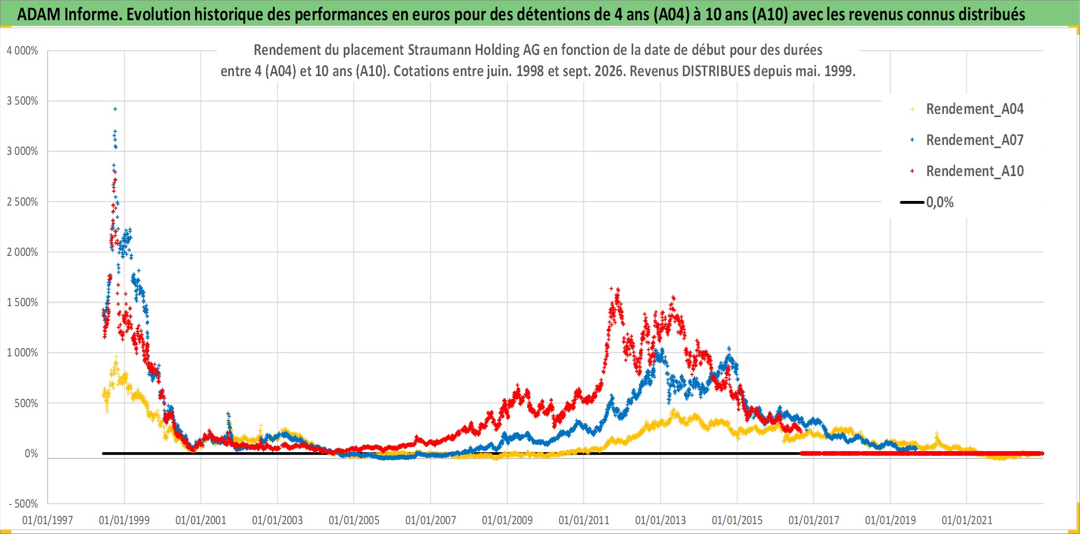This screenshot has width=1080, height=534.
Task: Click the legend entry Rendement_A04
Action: coord(974,109)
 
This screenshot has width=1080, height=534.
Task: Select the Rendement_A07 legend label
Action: coord(974,140)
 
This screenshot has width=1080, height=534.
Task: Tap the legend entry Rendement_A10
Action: coord(974,171)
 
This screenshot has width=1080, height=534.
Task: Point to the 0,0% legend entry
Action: coord(940,203)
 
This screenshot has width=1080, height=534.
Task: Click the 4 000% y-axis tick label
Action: coord(22,51)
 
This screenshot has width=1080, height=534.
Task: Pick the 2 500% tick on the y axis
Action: coord(22,202)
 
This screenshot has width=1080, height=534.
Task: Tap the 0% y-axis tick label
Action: coord(32,454)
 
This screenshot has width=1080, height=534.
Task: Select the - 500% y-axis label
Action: coord(24,504)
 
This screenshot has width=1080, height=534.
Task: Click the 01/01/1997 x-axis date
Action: coord(48,520)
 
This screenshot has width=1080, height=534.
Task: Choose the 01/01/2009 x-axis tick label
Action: coord(507,520)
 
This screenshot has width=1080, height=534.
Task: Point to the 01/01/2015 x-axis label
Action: coord(737,520)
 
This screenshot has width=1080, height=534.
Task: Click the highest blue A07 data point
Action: coord(115,109)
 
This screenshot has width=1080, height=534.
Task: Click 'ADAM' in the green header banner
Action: coord(39,14)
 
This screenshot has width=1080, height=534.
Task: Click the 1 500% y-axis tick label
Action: coord(22,302)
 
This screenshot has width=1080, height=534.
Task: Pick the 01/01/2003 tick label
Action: coord(278,520)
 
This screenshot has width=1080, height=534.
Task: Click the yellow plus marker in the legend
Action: coord(912,109)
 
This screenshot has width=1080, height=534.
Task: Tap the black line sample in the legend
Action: coord(912,202)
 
